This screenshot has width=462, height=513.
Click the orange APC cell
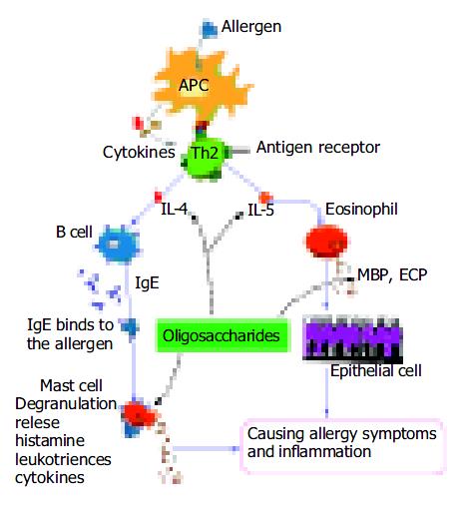tap(200, 85)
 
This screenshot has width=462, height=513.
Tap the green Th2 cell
tap(204, 156)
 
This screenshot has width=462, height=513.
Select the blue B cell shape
tap(117, 244)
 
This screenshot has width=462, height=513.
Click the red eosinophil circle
tap(326, 242)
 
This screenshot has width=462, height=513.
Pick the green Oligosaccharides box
tap(222, 335)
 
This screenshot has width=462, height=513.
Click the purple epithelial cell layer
tap(352, 339)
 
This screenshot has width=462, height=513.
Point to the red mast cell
tap(139, 415)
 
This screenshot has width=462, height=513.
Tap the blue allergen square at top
tap(210, 30)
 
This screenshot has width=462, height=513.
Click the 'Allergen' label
tap(251, 27)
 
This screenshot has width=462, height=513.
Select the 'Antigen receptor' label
tap(318, 147)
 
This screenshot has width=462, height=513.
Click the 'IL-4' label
tap(174, 209)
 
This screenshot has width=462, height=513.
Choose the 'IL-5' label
tap(260, 210)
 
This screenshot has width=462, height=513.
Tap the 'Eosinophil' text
tap(361, 210)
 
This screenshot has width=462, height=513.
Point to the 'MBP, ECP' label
tap(392, 274)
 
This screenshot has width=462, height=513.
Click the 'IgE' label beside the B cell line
tap(147, 283)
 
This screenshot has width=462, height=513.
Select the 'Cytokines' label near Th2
tap(139, 153)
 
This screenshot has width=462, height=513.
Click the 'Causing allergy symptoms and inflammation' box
tap(342, 446)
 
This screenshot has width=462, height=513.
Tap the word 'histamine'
tap(50, 440)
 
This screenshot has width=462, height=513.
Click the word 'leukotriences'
tap(63, 459)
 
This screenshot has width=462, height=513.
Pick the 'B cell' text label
tap(74, 232)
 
